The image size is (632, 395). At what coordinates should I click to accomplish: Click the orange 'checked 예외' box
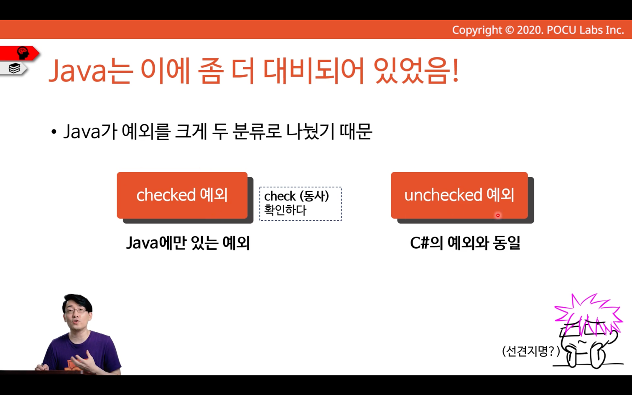pos(182,195)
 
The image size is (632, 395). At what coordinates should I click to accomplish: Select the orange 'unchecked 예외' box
pos(459,195)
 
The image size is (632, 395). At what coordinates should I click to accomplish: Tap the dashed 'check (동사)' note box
pos(301,204)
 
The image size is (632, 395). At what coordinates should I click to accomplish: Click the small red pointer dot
pos(498,215)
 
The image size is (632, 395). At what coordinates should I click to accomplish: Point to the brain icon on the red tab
pos(23,53)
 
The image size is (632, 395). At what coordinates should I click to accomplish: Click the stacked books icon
pos(14,68)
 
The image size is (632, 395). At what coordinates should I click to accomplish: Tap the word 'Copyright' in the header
pos(477,30)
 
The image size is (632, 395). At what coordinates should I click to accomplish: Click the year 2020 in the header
pos(530,30)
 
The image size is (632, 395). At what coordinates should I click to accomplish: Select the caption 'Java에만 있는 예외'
pos(188,242)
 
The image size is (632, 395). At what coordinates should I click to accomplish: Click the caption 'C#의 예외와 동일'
pos(465,242)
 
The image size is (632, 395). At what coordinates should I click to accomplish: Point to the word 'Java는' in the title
pos(91,71)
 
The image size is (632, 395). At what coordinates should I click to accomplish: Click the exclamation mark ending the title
pos(455,71)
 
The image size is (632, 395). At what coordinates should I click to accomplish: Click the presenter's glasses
pos(76,311)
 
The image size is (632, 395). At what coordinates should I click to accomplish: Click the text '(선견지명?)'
pos(531,351)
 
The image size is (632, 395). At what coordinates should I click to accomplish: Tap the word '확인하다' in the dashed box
pos(285,210)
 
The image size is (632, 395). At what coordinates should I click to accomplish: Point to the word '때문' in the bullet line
pos(356,131)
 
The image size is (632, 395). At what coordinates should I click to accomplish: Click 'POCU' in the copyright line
pos(562,30)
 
